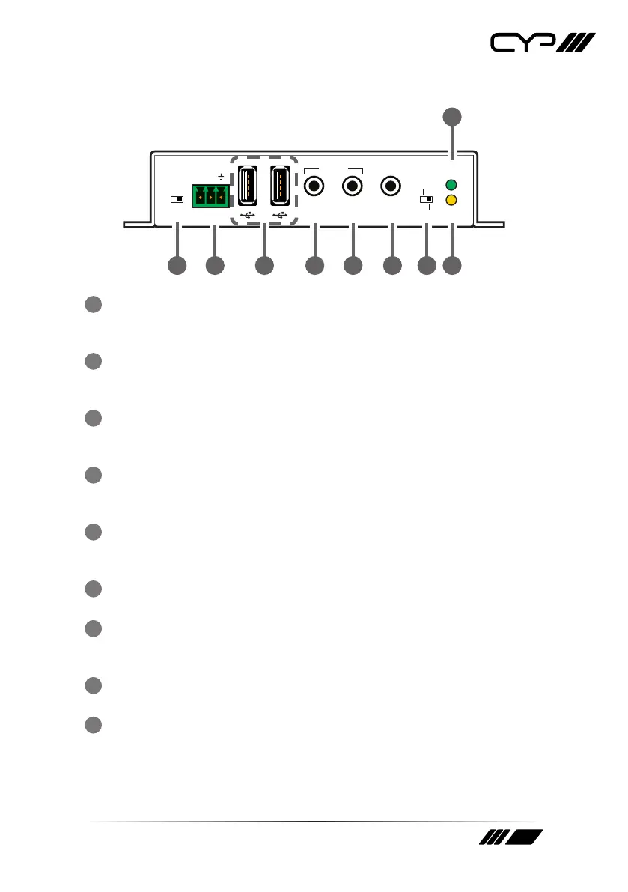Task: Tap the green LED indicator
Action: [451, 185]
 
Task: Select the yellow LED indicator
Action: [451, 200]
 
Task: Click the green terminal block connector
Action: [211, 197]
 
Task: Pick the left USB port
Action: [249, 184]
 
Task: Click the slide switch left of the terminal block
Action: [177, 200]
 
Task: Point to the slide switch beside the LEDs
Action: [426, 200]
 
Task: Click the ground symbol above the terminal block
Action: [221, 177]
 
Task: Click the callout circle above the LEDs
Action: [451, 116]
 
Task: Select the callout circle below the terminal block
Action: [216, 265]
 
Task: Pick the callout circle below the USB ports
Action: [264, 265]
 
